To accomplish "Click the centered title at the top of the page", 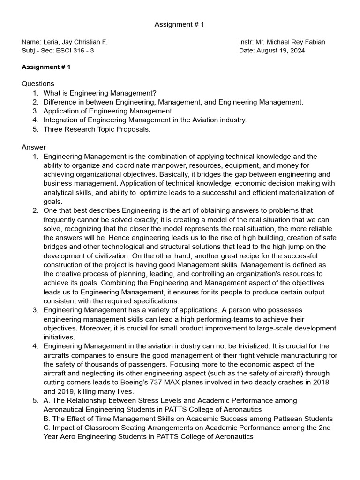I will (180, 24).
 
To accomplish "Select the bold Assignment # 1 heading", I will (46, 67).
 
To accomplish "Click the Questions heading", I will (38, 83).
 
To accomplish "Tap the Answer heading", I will (34, 147).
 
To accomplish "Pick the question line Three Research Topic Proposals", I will (97, 129).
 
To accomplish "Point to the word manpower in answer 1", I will (174, 165).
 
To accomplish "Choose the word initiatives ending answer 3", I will (59, 337).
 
